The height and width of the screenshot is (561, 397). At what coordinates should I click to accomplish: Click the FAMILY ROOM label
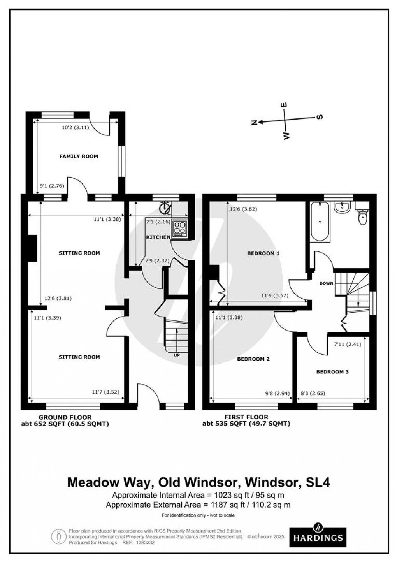78,157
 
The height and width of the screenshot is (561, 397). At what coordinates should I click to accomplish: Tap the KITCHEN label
158,237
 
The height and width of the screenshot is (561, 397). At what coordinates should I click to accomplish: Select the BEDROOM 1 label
263,253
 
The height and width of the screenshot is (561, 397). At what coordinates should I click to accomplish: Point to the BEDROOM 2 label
253,359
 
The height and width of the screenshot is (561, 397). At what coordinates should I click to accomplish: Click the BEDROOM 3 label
332,372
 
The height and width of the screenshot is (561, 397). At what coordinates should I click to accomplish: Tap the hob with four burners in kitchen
179,229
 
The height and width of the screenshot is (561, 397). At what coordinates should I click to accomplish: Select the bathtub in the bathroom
320,222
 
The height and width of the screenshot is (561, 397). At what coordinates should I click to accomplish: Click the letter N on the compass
255,123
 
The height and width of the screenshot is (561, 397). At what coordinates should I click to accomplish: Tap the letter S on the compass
321,117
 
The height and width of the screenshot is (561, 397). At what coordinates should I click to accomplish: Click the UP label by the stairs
176,355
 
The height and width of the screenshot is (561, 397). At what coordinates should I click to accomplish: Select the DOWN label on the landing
326,283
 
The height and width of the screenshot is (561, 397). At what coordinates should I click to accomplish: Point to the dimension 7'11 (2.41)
348,344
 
